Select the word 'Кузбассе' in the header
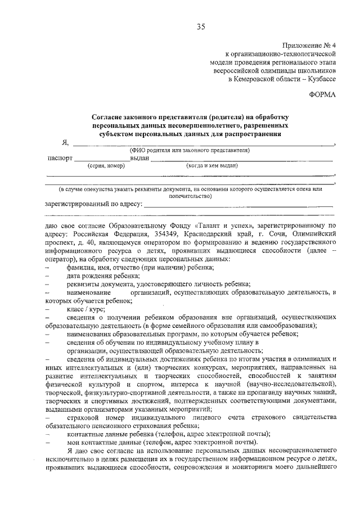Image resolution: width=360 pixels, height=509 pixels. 321,80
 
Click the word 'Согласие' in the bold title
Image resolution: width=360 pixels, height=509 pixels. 110,116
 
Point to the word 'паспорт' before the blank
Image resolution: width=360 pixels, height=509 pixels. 60,159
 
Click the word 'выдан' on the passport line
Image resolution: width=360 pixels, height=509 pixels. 139,159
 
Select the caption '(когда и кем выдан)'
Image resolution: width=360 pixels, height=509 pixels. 212,166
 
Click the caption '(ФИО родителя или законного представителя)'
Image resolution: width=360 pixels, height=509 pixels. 190,150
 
